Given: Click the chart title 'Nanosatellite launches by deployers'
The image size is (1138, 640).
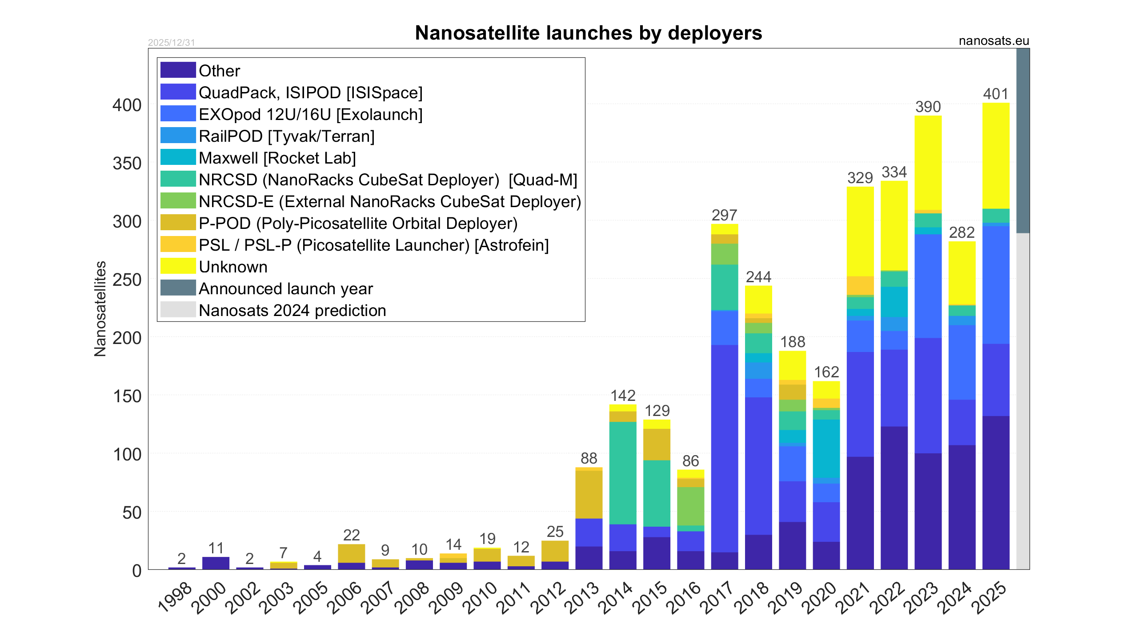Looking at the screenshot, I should click(x=588, y=33).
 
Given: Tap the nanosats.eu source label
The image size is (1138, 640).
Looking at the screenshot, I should click(x=994, y=41).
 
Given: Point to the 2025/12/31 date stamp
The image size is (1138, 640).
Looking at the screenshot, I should click(x=171, y=43).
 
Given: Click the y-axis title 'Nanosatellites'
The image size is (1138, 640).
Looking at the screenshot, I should click(x=100, y=308).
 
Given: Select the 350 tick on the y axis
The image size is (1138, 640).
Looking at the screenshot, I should click(x=127, y=164).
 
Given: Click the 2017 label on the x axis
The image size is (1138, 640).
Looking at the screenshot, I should click(x=717, y=597).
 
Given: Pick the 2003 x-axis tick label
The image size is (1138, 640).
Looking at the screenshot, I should click(x=276, y=597).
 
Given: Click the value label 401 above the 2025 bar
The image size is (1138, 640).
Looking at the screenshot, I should click(x=996, y=94).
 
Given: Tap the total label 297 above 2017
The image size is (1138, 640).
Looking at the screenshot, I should click(x=724, y=215).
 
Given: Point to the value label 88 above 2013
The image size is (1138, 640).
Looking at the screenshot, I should click(x=589, y=458).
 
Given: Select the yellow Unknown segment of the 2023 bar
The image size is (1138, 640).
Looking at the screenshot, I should click(x=928, y=162).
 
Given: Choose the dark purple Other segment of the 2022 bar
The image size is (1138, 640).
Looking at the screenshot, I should click(x=894, y=498).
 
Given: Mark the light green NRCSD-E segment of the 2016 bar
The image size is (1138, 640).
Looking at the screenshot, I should click(x=690, y=506).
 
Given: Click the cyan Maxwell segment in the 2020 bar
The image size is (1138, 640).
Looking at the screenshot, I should click(x=826, y=448).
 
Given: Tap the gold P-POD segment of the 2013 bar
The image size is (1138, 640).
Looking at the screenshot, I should click(x=589, y=494).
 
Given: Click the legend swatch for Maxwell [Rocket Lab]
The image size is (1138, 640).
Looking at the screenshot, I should click(x=178, y=157).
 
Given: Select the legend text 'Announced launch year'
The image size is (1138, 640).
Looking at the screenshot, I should click(x=285, y=289).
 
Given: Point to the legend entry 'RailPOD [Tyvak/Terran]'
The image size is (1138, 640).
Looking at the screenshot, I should click(x=286, y=136).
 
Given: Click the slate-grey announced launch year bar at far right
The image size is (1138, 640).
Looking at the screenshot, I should click(x=1022, y=140).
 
